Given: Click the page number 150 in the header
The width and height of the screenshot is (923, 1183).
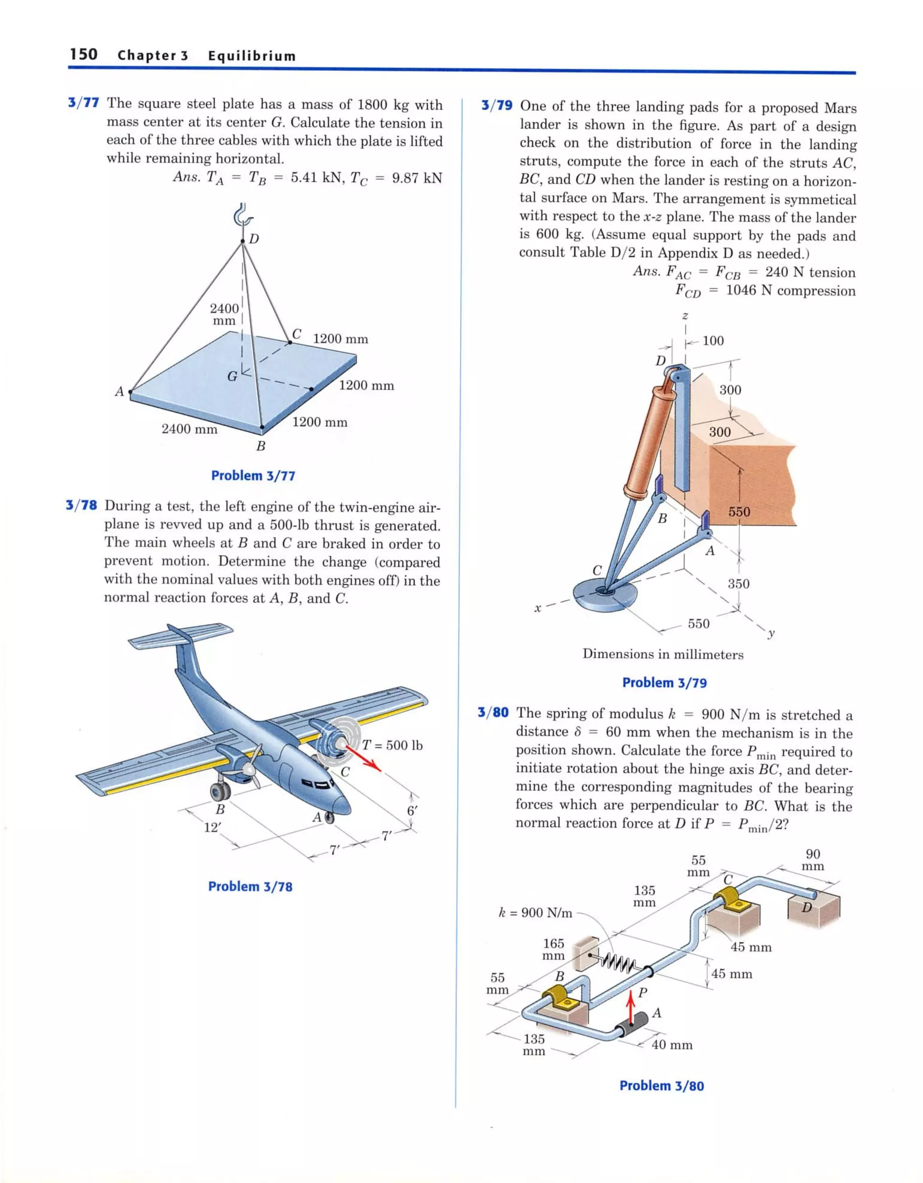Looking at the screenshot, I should click(x=84, y=54).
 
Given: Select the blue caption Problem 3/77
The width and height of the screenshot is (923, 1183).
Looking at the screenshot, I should click(x=253, y=475).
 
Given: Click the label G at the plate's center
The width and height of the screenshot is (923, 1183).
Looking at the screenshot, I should click(x=232, y=376).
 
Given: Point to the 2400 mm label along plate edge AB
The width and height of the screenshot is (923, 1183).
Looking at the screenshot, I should click(x=189, y=429).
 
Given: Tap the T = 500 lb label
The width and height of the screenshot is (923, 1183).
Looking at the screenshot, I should click(x=392, y=746).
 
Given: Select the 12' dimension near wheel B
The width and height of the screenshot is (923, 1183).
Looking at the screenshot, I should click(x=212, y=828).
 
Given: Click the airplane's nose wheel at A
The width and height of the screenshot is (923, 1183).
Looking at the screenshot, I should click(x=329, y=817).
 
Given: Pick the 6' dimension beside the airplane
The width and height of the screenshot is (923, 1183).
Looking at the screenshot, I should click(x=412, y=811).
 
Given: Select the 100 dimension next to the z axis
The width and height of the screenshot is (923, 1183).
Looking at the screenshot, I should click(x=713, y=341).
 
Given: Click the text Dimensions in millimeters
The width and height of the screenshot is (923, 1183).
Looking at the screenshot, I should click(x=663, y=654).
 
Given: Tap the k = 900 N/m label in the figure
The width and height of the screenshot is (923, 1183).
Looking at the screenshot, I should click(x=535, y=913).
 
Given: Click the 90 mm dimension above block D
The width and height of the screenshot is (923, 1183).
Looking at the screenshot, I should click(x=812, y=860).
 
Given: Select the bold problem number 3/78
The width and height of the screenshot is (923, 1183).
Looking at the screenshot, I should click(x=81, y=506).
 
